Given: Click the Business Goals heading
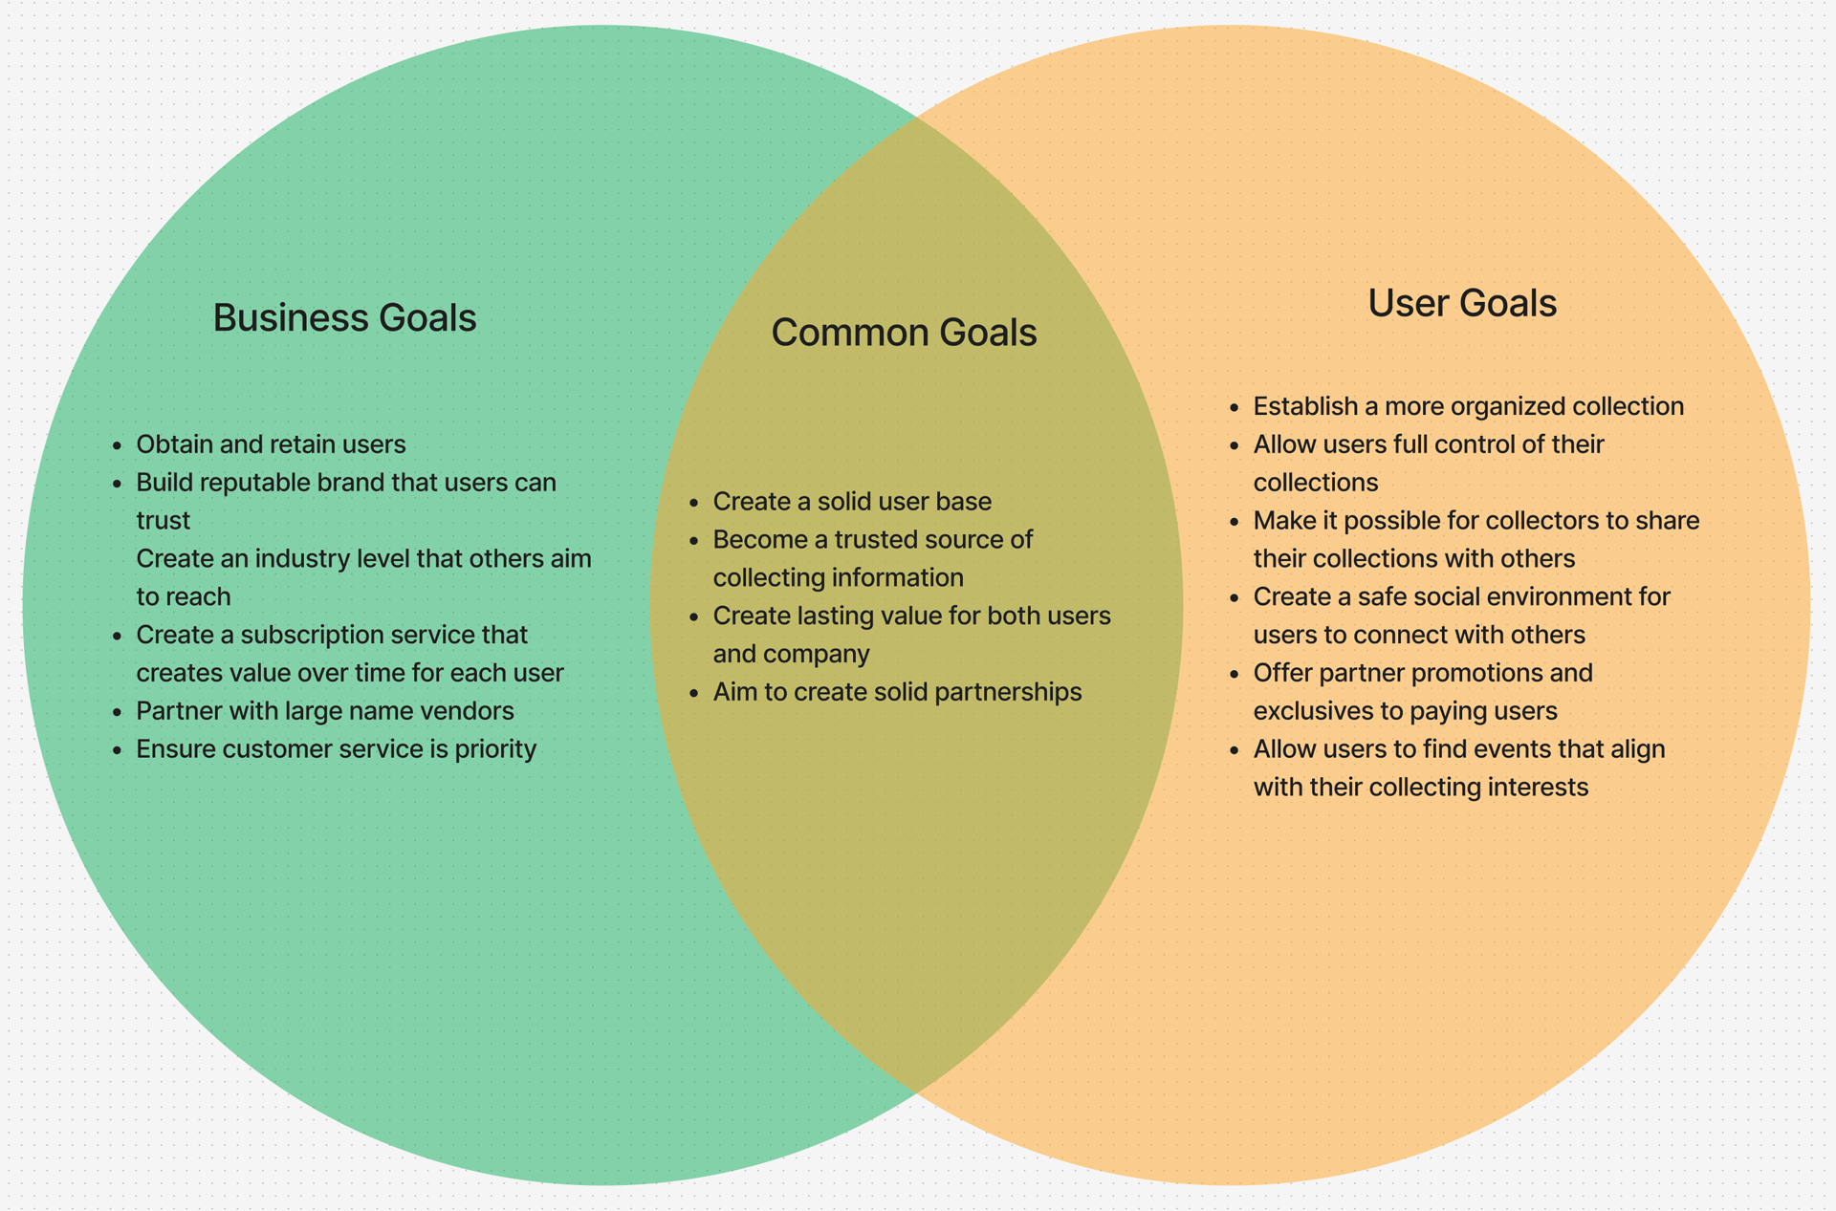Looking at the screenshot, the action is (344, 318).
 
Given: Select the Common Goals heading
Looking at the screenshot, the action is (904, 333).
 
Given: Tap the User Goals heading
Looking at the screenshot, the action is (1462, 303).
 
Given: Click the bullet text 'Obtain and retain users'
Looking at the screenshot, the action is (271, 444).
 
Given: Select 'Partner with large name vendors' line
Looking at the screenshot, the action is (325, 711).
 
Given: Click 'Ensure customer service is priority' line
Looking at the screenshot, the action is (336, 749).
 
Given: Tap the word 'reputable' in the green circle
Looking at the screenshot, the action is (255, 483).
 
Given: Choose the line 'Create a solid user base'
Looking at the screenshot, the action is (852, 502).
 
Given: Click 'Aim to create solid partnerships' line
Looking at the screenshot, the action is (897, 692).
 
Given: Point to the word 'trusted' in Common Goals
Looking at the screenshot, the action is (876, 540).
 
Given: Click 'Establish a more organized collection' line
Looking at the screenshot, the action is (1468, 406).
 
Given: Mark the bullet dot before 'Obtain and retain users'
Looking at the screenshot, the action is (118, 445).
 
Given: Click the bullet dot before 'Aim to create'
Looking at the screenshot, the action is (694, 693).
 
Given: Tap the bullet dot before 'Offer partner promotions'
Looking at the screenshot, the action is (1235, 674).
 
